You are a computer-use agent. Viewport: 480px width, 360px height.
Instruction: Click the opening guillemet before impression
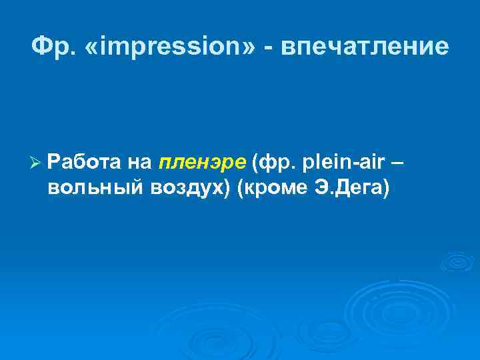[95, 46]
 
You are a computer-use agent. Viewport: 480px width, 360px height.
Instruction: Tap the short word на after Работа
[141, 161]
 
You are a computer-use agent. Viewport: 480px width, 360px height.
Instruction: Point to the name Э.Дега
[346, 188]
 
